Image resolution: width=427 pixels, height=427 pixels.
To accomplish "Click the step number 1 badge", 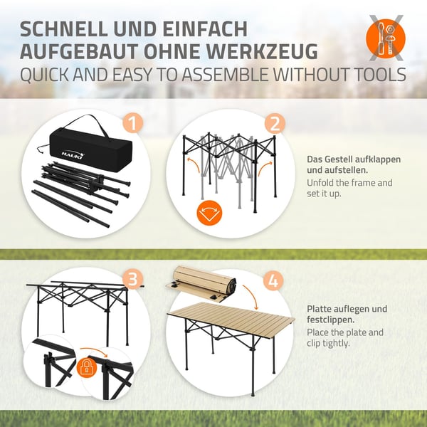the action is click(x=133, y=123).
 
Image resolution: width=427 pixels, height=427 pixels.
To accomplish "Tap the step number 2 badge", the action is click(x=275, y=123).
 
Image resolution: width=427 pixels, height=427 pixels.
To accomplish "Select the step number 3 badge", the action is click(x=132, y=280).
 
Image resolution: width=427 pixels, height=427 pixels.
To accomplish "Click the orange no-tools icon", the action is click(x=386, y=38).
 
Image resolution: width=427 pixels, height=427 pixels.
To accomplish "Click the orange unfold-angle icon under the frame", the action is click(x=209, y=213).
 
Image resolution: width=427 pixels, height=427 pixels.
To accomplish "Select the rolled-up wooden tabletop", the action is click(x=201, y=284).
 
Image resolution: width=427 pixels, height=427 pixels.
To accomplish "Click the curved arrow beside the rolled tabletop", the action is click(x=251, y=297).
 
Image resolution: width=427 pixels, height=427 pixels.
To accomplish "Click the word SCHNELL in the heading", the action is click(x=64, y=28).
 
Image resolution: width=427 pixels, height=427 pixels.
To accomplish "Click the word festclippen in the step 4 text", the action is click(x=331, y=320).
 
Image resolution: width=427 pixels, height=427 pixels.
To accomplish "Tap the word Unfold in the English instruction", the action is click(x=320, y=183).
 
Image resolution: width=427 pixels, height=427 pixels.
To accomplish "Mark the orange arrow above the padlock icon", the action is click(x=93, y=352).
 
